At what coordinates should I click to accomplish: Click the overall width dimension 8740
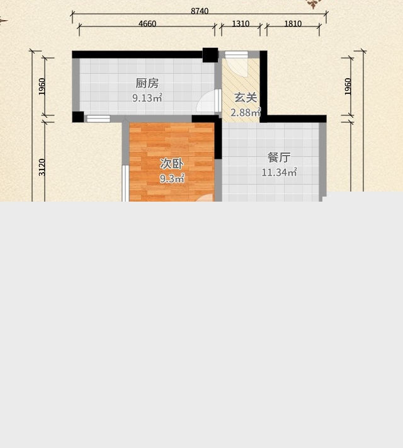tap(200, 11)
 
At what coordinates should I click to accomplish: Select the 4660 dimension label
tap(147, 23)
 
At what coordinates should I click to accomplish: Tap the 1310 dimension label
tap(241, 23)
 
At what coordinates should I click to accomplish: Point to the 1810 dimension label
tap(293, 23)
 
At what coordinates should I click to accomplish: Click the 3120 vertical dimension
tap(42, 167)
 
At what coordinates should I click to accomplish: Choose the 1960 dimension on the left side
tap(42, 86)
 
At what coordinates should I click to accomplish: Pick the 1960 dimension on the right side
tap(348, 86)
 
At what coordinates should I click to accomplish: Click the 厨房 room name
tap(147, 83)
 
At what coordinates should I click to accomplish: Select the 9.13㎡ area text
tap(147, 98)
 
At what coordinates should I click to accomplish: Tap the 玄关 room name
tap(246, 98)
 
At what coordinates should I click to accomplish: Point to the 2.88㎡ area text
tap(246, 112)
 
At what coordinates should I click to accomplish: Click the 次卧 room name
tap(171, 164)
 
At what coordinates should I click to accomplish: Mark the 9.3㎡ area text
tap(172, 179)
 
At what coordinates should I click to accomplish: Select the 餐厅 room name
tap(279, 158)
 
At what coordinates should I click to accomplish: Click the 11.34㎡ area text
tap(279, 172)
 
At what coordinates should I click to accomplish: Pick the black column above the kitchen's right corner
tap(210, 55)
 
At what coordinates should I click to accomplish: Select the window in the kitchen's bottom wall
tap(98, 118)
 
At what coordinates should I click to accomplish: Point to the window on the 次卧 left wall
tap(125, 183)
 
